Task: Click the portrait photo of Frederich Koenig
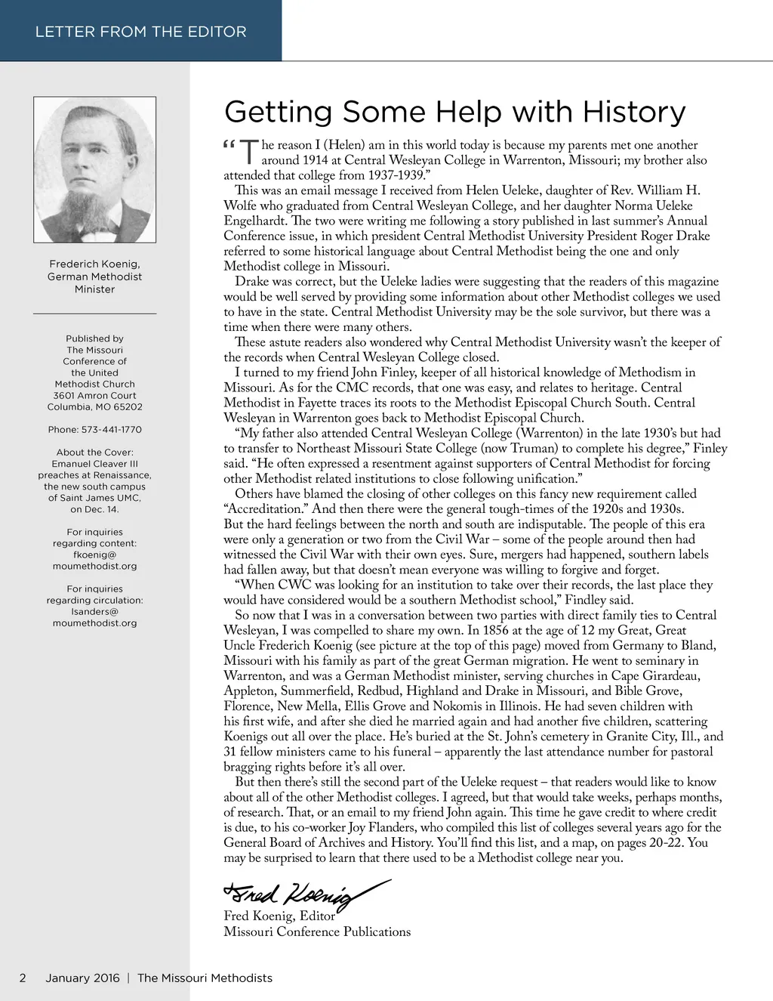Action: (95, 169)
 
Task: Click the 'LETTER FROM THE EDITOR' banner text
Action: (140, 32)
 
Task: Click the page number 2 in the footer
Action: (23, 978)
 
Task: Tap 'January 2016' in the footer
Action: (82, 978)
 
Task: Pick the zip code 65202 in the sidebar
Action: (128, 407)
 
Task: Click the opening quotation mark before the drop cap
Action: (230, 144)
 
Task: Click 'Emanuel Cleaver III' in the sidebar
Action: (95, 464)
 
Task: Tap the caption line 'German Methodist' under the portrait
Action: (95, 277)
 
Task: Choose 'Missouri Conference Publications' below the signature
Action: (317, 932)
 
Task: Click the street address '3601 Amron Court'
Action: (95, 396)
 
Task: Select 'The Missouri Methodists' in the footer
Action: (205, 978)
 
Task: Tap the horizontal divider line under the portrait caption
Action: (95, 313)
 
